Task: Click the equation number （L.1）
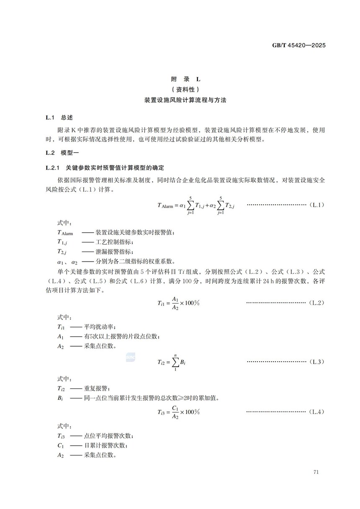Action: click(x=316, y=205)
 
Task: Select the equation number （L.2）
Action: click(x=316, y=302)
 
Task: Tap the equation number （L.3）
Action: click(x=316, y=361)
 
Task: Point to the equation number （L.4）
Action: click(x=316, y=412)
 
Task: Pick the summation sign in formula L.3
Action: click(x=175, y=362)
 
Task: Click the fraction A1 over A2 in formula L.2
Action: click(x=175, y=303)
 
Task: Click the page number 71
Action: click(x=316, y=473)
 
